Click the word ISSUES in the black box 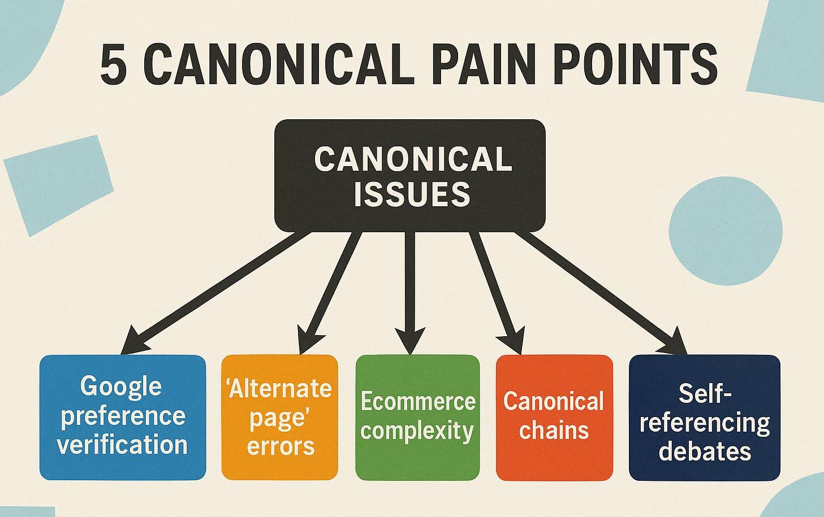pos(412,194)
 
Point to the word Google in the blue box pos(121,386)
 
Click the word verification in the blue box pos(122,445)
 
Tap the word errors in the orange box pos(281,446)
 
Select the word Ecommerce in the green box pos(417,402)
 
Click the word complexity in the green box pos(417,431)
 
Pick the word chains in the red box pos(554,431)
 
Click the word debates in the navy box pos(705,451)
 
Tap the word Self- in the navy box pos(705,394)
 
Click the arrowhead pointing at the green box pos(411,339)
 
